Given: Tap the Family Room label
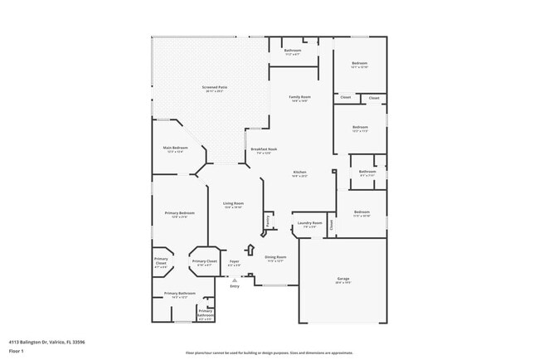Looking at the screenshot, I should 299,97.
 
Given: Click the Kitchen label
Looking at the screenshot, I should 299,173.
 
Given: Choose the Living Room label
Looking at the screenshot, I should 233,203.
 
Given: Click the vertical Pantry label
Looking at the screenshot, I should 268,221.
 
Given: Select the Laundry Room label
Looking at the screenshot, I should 311,222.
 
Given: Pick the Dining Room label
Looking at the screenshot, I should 275,257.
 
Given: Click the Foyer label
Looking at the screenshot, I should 235,261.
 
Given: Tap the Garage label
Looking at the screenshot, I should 343,278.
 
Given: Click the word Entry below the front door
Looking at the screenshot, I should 235,286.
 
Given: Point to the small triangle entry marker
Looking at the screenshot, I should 235,280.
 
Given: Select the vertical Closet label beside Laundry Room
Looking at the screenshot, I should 331,223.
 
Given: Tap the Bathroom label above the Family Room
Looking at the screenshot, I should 293,51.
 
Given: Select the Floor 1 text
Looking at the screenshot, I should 17,351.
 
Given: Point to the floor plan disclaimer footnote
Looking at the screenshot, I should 269,353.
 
